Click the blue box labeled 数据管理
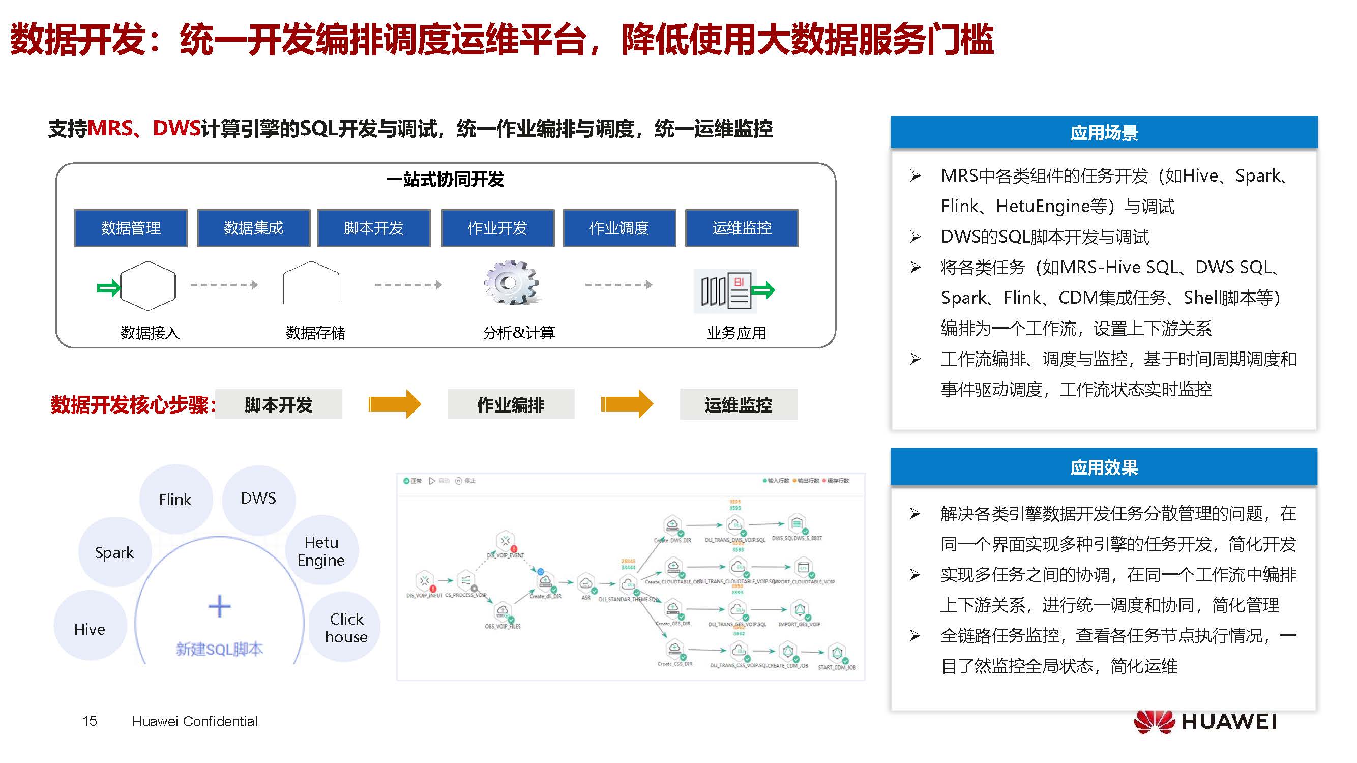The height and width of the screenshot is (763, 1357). pos(131,228)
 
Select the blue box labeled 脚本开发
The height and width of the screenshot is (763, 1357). pos(373,228)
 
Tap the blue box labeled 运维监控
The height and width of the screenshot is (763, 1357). pos(741,228)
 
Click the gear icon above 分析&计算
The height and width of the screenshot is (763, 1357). pos(510,283)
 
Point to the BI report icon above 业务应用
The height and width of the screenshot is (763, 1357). pos(725,290)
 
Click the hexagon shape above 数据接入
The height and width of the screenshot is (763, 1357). pos(147,285)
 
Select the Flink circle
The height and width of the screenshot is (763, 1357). pos(175,499)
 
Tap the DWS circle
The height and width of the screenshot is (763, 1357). pos(258,498)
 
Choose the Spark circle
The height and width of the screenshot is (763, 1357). pos(114,552)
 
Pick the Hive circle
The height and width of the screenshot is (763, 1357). pos(90,629)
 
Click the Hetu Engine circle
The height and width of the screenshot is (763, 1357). pos(321,551)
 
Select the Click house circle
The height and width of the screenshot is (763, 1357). pos(346,628)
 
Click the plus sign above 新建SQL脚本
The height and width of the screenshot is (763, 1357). pos(219,606)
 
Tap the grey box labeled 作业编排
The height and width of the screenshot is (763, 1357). pos(511,405)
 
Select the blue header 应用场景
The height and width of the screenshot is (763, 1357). pos(1104,132)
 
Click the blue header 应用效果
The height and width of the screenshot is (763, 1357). pos(1104,467)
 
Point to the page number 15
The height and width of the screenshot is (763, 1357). pos(90,721)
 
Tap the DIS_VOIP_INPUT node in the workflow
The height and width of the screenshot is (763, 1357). pos(424,581)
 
